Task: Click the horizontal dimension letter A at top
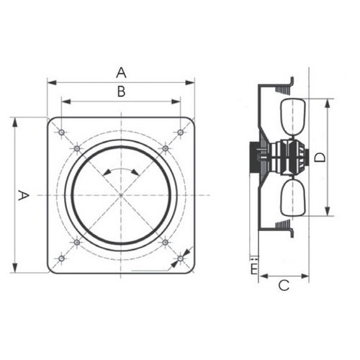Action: (121, 73)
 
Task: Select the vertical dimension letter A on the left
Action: (24, 195)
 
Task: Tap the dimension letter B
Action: (122, 91)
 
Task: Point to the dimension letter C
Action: (284, 286)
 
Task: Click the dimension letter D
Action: (320, 158)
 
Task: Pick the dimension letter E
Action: (254, 269)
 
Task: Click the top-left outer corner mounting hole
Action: (61, 132)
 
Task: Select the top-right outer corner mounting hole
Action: (181, 132)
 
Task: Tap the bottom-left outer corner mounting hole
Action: (61, 258)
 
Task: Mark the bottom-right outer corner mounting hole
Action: (181, 258)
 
